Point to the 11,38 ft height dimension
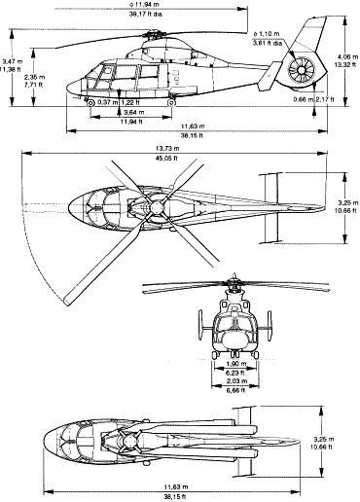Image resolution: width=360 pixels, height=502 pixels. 11,69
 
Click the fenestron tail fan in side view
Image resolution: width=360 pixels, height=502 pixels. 301,71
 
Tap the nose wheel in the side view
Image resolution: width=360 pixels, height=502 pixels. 91,102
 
